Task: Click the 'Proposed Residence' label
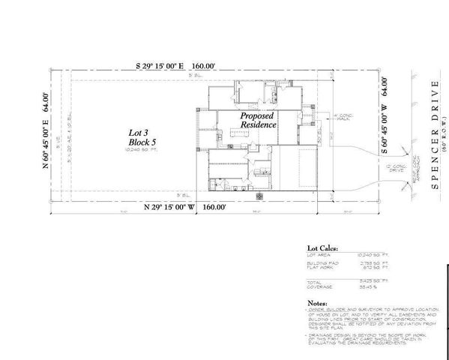[x=256, y=121]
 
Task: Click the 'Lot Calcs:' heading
[x=322, y=247]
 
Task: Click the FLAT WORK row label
[x=320, y=268]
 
